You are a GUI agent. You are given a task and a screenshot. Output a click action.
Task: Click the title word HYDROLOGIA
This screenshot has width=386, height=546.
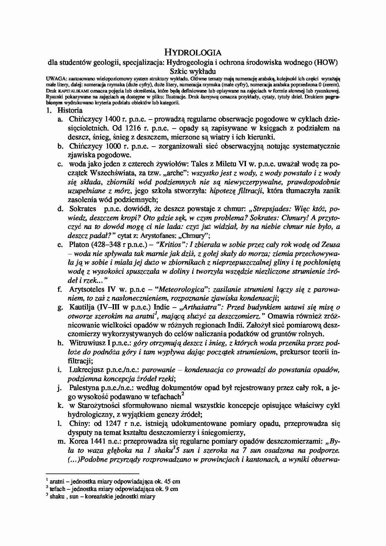point(193,52)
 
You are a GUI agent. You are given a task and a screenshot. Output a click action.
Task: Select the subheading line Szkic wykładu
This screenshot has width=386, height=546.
point(193,71)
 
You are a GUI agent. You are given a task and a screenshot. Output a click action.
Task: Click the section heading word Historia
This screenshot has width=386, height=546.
point(70,110)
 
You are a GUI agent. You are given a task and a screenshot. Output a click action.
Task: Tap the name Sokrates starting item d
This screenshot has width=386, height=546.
point(82,209)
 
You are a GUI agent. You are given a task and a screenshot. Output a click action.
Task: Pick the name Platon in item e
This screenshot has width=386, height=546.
point(79,245)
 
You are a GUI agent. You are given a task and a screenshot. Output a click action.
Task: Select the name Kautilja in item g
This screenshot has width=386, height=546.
point(81,307)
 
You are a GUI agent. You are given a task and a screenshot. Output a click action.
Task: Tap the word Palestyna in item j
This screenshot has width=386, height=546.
point(84,388)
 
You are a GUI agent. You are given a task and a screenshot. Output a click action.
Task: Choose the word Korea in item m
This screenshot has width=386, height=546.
point(78,442)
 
